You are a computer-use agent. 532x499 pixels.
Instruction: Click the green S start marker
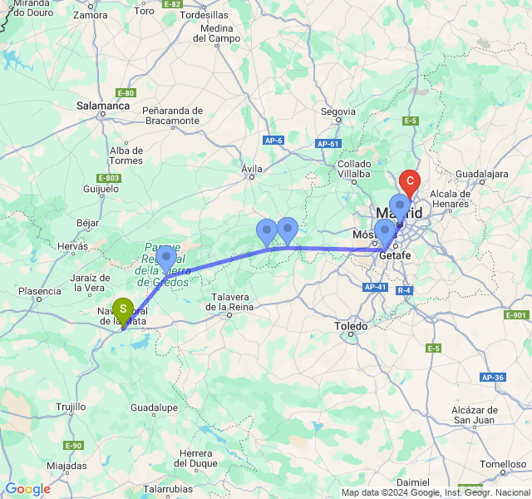pos(123,309)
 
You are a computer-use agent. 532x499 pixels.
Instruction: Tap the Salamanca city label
pos(103,106)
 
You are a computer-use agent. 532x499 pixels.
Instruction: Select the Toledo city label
pos(351,326)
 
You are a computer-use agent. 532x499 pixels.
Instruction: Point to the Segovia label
pos(338,111)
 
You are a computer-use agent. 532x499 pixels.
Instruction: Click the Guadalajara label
pos(481,174)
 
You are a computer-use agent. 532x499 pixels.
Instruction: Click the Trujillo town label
pos(71,407)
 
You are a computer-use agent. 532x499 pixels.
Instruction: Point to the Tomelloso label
pos(503,463)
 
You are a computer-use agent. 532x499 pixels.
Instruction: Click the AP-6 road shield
pos(274,141)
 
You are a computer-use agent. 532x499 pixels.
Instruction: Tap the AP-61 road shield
pos(328,144)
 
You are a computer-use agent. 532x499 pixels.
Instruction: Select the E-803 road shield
pos(109,178)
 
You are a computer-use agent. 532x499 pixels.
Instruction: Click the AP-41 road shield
pos(376,287)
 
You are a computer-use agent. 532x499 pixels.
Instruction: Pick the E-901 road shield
pos(516,315)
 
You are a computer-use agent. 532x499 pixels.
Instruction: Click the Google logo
pos(27,489)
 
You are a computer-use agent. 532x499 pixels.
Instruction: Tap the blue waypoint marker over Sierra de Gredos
pos(165,256)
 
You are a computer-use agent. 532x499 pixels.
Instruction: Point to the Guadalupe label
pos(154,408)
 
